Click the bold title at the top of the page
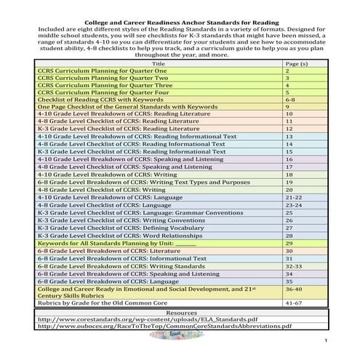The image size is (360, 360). pos(180,6)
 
